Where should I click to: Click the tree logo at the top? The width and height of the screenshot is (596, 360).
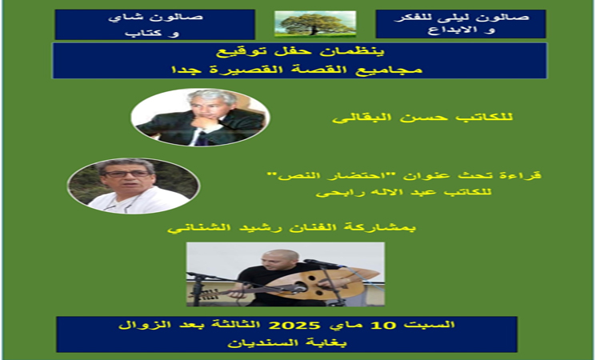click(x=315, y=24)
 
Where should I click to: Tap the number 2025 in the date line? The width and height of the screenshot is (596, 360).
click(x=294, y=326)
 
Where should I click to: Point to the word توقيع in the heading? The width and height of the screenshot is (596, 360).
click(x=238, y=52)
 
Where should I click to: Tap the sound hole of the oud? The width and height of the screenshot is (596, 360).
click(x=301, y=288)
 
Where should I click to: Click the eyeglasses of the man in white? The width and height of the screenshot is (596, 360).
click(x=127, y=174)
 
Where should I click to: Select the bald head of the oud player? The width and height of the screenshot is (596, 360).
click(x=279, y=256)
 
